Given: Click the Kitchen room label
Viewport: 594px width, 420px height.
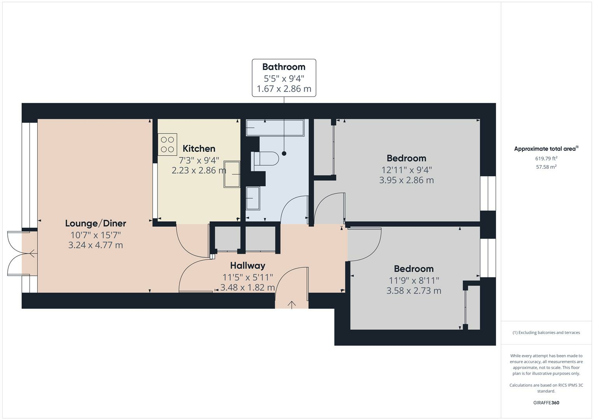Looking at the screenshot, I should pyautogui.click(x=199, y=149).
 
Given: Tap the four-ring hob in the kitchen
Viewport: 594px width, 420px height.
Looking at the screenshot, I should pyautogui.click(x=167, y=144).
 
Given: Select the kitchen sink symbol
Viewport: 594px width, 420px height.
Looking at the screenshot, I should pyautogui.click(x=232, y=175).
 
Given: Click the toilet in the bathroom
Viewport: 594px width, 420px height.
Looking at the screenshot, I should pyautogui.click(x=266, y=159).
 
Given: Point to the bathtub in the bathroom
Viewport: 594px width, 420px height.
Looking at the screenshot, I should pyautogui.click(x=275, y=128).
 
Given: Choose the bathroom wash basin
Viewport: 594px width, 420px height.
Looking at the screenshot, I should pyautogui.click(x=253, y=198).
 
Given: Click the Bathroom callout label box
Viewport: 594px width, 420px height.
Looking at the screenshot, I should pyautogui.click(x=284, y=78).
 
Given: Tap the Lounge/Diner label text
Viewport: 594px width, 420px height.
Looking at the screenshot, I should pyautogui.click(x=95, y=224).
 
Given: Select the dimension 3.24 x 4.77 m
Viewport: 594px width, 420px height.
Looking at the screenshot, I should pyautogui.click(x=95, y=245).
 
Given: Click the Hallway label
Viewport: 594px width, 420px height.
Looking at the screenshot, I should pyautogui.click(x=247, y=266).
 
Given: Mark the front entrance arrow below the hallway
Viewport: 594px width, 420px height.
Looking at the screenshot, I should pyautogui.click(x=292, y=304).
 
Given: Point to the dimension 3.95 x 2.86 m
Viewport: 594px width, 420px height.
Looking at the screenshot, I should pyautogui.click(x=406, y=180).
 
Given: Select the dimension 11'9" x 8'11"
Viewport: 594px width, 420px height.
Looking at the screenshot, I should pyautogui.click(x=414, y=280).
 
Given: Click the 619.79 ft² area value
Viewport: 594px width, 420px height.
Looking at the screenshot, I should pyautogui.click(x=546, y=158).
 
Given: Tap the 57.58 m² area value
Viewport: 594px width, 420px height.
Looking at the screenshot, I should pyautogui.click(x=546, y=167).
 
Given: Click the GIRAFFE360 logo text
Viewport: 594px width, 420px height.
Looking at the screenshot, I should pyautogui.click(x=546, y=402).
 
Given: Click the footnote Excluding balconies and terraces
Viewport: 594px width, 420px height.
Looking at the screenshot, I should pyautogui.click(x=546, y=332).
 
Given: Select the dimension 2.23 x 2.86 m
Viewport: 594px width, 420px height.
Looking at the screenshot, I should pyautogui.click(x=199, y=170).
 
